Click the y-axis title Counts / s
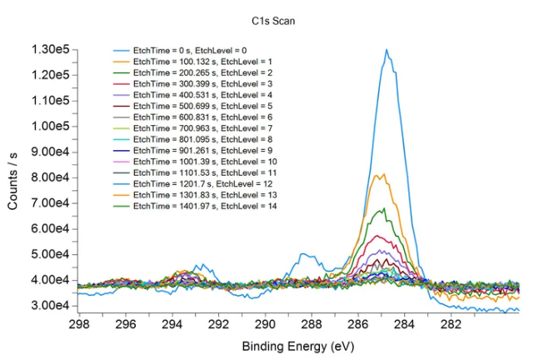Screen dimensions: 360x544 coord(14,179)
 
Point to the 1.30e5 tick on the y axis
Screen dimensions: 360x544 coord(50,50)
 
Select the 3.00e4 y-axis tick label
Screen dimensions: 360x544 coord(50,306)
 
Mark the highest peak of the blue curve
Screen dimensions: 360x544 coord(387,50)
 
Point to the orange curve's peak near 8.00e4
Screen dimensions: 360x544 coord(380,174)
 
